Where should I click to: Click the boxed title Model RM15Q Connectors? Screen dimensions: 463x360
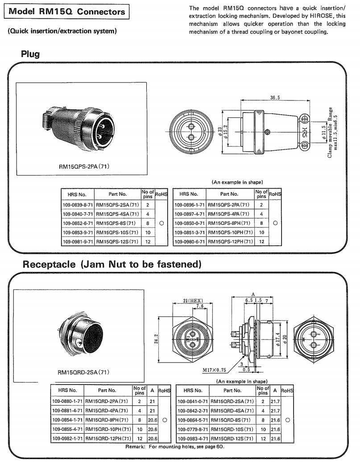pyautogui.click(x=67, y=12)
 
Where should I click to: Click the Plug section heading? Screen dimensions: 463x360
pyautogui.click(x=30, y=54)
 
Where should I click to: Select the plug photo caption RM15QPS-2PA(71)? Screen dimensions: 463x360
pyautogui.click(x=84, y=167)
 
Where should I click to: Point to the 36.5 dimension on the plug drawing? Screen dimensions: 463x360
pyautogui.click(x=275, y=97)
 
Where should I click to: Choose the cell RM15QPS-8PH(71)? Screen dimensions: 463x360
pyautogui.click(x=230, y=223)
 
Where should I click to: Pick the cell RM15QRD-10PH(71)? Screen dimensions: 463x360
pyautogui.click(x=107, y=430)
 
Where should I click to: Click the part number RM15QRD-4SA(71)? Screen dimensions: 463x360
pyautogui.click(x=232, y=411)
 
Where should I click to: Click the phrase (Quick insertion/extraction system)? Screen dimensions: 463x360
pyautogui.click(x=62, y=31)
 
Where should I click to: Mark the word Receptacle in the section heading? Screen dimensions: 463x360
pyautogui.click(x=49, y=264)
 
